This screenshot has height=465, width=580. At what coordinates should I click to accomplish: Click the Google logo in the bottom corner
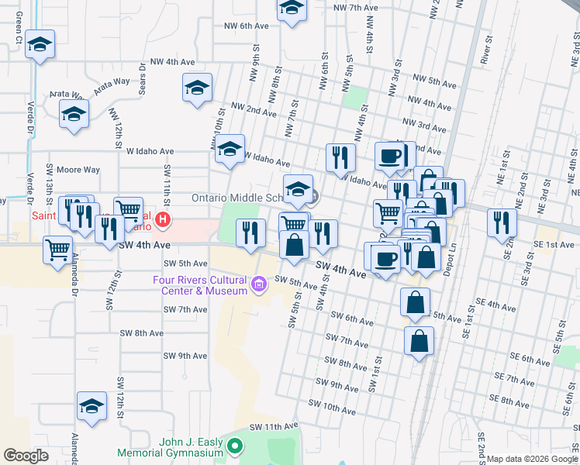[26, 456]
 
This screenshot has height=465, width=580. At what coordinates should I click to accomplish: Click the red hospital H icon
[161, 220]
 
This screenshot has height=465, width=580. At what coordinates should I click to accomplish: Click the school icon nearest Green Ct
[40, 45]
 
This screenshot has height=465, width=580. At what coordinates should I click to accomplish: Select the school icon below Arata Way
[74, 114]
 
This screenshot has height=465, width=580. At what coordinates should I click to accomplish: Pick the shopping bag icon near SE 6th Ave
[419, 341]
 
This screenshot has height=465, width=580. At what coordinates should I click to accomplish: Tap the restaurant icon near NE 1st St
[502, 222]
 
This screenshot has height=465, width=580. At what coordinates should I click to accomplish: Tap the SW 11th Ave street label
[274, 427]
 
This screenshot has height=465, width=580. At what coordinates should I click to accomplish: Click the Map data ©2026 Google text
[531, 459]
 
